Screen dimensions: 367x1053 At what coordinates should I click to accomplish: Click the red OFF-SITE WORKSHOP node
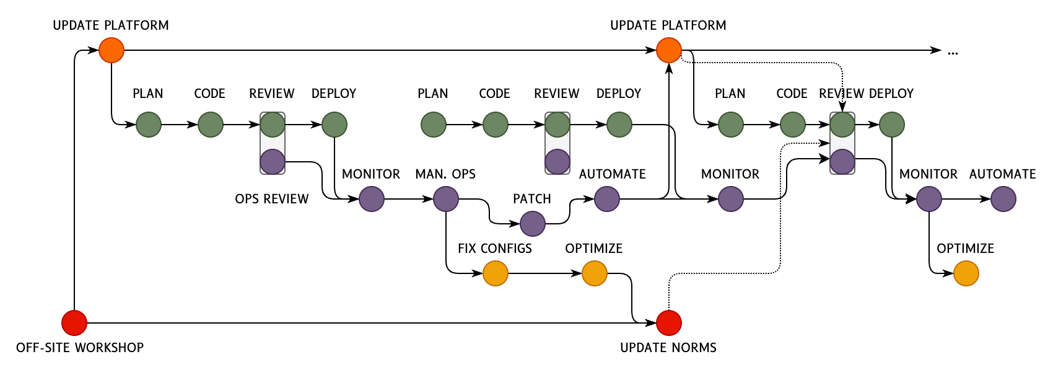click(x=74, y=323)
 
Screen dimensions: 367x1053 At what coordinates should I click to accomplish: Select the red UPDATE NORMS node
click(x=669, y=323)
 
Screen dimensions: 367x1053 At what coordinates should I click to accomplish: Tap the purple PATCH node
click(x=533, y=224)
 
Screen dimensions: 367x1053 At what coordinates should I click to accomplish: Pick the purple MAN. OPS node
click(x=446, y=199)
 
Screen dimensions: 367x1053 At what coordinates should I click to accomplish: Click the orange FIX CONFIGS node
click(x=496, y=273)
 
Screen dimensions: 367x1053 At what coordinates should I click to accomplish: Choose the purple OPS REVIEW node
click(x=273, y=162)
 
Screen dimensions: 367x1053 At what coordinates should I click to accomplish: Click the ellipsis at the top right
click(x=953, y=52)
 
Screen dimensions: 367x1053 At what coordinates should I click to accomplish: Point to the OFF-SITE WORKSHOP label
click(x=80, y=348)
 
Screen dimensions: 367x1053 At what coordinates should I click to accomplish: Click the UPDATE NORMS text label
click(x=668, y=348)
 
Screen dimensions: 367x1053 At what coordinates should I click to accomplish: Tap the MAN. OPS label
click(x=445, y=174)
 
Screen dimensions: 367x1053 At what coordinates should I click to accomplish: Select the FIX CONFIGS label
click(x=495, y=249)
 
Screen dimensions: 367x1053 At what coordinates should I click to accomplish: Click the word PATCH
click(x=532, y=199)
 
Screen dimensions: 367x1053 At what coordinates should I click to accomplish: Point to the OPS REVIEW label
click(x=272, y=199)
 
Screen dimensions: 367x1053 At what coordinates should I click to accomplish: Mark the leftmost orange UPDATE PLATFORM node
click(x=111, y=50)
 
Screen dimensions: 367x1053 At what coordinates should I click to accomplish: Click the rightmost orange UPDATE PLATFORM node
click(x=669, y=50)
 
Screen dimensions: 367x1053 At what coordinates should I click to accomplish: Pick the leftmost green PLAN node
click(x=149, y=125)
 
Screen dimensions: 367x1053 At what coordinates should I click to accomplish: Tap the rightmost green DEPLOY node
click(x=892, y=125)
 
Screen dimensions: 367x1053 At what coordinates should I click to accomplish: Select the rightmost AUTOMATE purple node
click(x=1003, y=199)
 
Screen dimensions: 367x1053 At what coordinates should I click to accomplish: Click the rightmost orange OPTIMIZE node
click(x=966, y=273)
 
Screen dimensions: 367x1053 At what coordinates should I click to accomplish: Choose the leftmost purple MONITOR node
click(x=372, y=199)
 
